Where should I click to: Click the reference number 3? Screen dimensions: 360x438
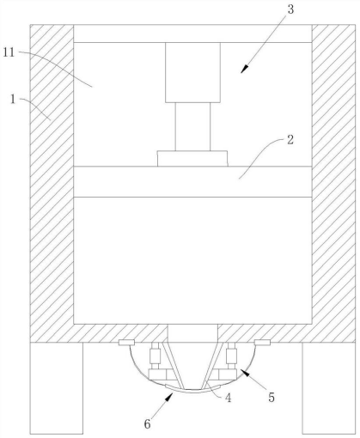(290, 9)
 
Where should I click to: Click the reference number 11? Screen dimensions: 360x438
(9, 52)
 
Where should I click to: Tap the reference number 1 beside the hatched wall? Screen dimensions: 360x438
(13, 100)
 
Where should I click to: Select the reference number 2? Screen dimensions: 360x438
(290, 140)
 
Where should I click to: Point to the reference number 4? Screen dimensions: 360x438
(228, 398)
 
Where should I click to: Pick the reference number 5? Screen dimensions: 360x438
(272, 397)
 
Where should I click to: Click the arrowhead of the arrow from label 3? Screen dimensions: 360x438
(244, 70)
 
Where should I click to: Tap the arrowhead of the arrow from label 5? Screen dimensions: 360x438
(243, 373)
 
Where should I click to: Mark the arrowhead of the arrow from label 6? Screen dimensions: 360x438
(170, 398)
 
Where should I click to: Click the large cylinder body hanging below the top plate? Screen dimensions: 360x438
(192, 72)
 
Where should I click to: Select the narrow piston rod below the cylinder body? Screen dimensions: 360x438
(192, 126)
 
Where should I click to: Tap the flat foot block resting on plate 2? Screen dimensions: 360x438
(192, 158)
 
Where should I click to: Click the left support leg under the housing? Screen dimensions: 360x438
(57, 388)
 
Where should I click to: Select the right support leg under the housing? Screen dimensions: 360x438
(329, 388)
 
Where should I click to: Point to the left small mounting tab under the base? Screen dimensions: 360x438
(126, 342)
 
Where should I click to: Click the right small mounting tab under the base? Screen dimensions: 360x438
(262, 342)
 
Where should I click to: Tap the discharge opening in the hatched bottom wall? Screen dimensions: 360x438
(192, 333)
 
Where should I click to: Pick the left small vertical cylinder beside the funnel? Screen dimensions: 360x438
(156, 356)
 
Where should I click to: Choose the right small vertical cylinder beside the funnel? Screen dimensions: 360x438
(231, 356)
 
